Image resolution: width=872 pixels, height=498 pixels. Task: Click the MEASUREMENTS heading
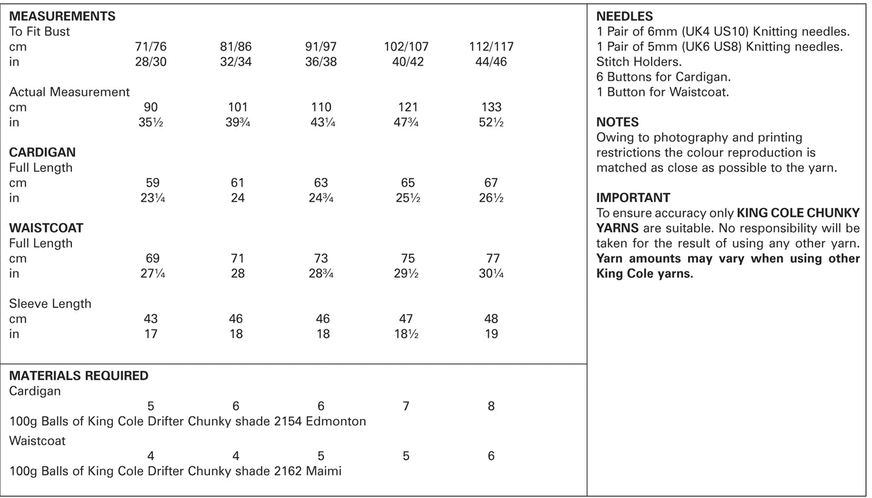pos(62,16)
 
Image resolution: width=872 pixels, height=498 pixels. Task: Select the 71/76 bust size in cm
pos(151,46)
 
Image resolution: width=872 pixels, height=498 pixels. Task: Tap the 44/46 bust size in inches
pos(491,61)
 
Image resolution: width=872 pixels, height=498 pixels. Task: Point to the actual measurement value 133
pos(491,107)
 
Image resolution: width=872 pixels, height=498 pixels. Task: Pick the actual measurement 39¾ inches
pos(238,122)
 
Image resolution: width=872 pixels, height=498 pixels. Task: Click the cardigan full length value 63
pos(321,183)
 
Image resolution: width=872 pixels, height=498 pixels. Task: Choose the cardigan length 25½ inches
pos(407,198)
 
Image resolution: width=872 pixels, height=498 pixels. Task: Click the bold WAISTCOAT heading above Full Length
pos(46,228)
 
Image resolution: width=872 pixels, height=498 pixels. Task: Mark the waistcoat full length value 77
pos(492,258)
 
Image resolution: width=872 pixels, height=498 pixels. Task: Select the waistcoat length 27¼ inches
pos(152,273)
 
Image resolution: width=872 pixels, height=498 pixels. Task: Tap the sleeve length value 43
pos(151,318)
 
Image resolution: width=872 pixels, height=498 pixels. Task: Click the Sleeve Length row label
pos(50,303)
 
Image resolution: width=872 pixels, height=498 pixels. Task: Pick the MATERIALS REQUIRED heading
pos(78,376)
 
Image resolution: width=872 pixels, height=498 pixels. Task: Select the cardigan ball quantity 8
pos(491,406)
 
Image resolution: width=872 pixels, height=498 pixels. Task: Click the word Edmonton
pos(336,421)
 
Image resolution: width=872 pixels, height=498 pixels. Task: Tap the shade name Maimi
pos(323,471)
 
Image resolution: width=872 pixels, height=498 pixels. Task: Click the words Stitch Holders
pos(638,61)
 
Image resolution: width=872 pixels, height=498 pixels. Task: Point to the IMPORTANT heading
pos(633,198)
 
